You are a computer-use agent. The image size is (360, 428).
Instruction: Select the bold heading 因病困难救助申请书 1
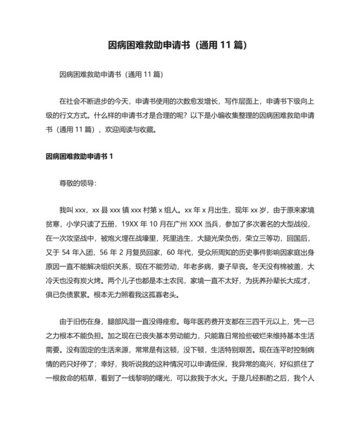click(79, 156)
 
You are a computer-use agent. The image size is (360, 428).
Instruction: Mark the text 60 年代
click(177, 251)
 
